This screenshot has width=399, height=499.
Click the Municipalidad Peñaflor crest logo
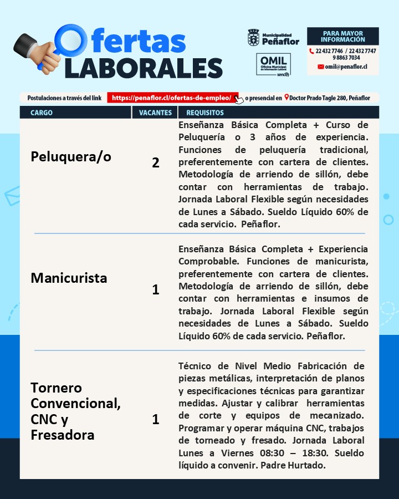pyautogui.click(x=253, y=38)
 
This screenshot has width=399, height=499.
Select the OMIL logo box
pyautogui.click(x=273, y=64)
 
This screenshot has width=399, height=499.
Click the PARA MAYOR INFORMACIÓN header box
pyautogui.click(x=343, y=37)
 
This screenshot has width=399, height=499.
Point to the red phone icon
pyautogui.click(x=311, y=51)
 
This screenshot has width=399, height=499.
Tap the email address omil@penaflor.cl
pyautogui.click(x=346, y=67)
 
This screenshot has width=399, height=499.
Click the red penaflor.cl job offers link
pyautogui.click(x=172, y=98)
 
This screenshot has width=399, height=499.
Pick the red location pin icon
pyautogui.click(x=287, y=98)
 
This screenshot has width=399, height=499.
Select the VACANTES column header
pyautogui.click(x=155, y=113)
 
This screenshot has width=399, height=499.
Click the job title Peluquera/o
pyautogui.click(x=71, y=157)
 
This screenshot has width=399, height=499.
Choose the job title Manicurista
pyautogui.click(x=69, y=278)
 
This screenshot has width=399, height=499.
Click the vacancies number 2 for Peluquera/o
pyautogui.click(x=156, y=163)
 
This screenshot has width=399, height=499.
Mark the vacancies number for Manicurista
pyautogui.click(x=156, y=289)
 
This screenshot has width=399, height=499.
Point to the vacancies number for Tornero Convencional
pyautogui.click(x=156, y=420)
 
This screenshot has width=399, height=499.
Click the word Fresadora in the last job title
pyautogui.click(x=62, y=435)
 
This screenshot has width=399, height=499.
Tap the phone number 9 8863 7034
pyautogui.click(x=346, y=58)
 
